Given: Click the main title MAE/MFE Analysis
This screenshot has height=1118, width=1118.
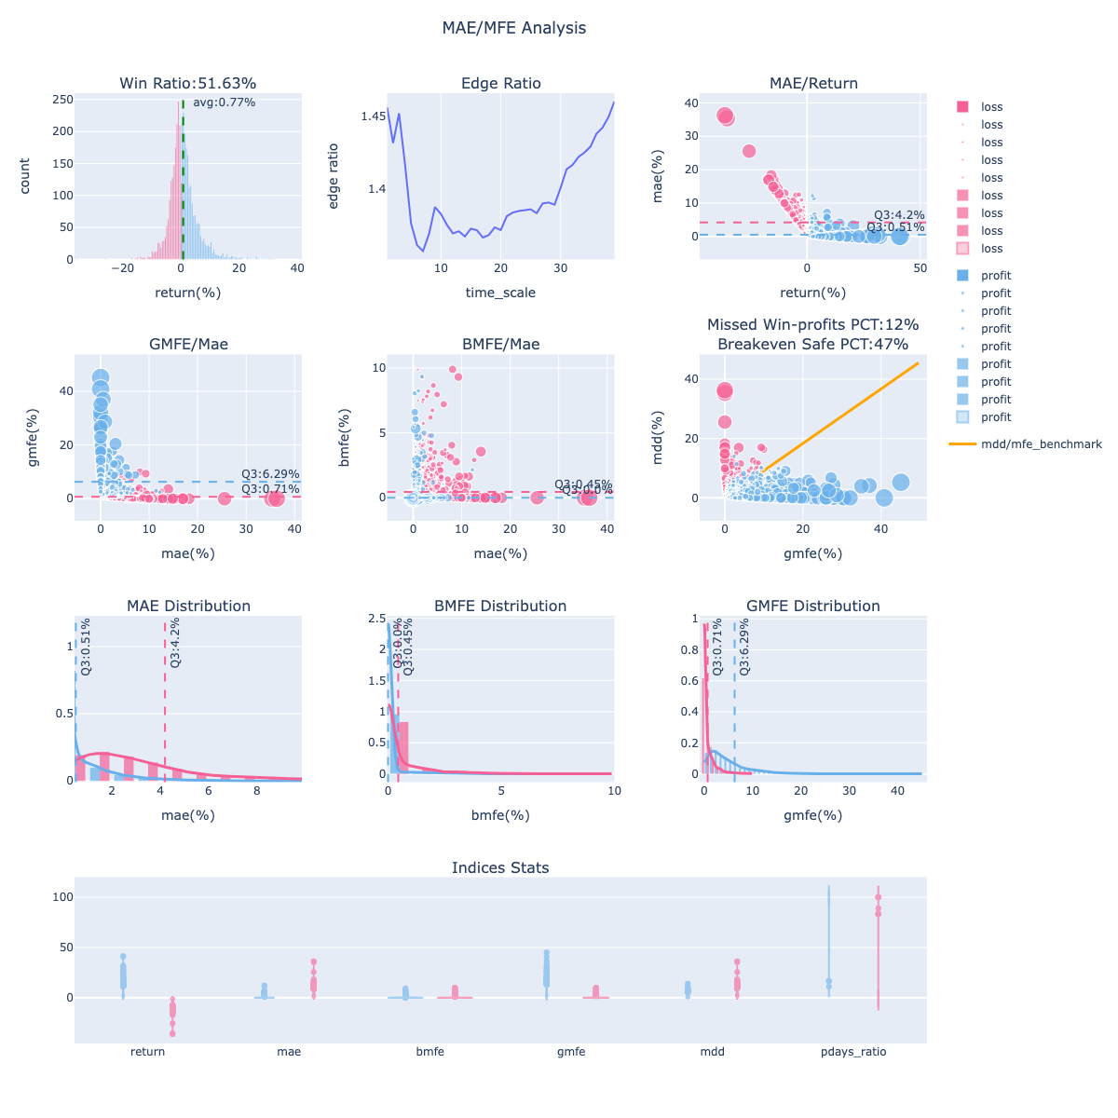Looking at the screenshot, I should pos(514,28).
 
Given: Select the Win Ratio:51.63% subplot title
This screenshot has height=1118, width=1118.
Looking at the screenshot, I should pos(187,84).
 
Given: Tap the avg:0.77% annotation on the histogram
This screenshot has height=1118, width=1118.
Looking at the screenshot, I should pos(224,102).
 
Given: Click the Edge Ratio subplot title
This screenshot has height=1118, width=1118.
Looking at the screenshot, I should pos(500,84).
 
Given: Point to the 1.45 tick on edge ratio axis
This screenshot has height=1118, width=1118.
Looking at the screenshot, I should pos(374,116).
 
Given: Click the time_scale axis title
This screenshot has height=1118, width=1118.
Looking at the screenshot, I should pos(500,293).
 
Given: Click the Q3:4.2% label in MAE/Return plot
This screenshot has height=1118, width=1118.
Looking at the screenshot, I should pos(898,215).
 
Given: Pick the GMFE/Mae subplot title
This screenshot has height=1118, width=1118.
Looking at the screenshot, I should pos(187,345).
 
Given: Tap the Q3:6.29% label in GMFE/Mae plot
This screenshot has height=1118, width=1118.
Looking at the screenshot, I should pos(270,474).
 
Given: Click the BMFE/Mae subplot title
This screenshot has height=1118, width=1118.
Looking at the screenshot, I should pos(500,345).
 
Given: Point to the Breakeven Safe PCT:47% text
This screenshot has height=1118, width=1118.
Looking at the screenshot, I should pos(812,345).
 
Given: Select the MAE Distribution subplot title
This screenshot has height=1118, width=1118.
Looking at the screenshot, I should pos(188,607).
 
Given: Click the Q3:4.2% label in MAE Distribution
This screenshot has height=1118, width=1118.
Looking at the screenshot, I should pos(176,644).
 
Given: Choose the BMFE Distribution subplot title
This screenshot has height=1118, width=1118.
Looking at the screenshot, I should pos(500,607).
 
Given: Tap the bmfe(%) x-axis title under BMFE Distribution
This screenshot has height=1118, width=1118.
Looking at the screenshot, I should pos(500,815).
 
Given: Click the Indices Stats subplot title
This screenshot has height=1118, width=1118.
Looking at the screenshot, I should pos(500,868).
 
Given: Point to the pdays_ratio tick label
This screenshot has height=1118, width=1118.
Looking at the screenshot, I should pos(853,1052).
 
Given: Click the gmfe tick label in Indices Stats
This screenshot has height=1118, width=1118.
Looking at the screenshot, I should pos(571,1052).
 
